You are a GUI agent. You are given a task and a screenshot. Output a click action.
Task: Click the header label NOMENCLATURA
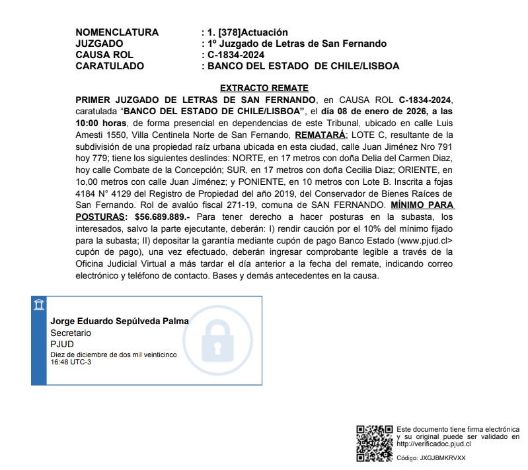117,32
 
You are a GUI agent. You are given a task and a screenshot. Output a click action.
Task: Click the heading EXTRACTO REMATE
264,88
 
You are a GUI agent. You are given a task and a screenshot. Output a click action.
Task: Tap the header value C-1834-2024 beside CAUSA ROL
235,55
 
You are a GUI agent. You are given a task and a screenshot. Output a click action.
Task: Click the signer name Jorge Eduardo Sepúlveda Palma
120,321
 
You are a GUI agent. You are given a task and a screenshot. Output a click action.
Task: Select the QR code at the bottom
374,443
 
